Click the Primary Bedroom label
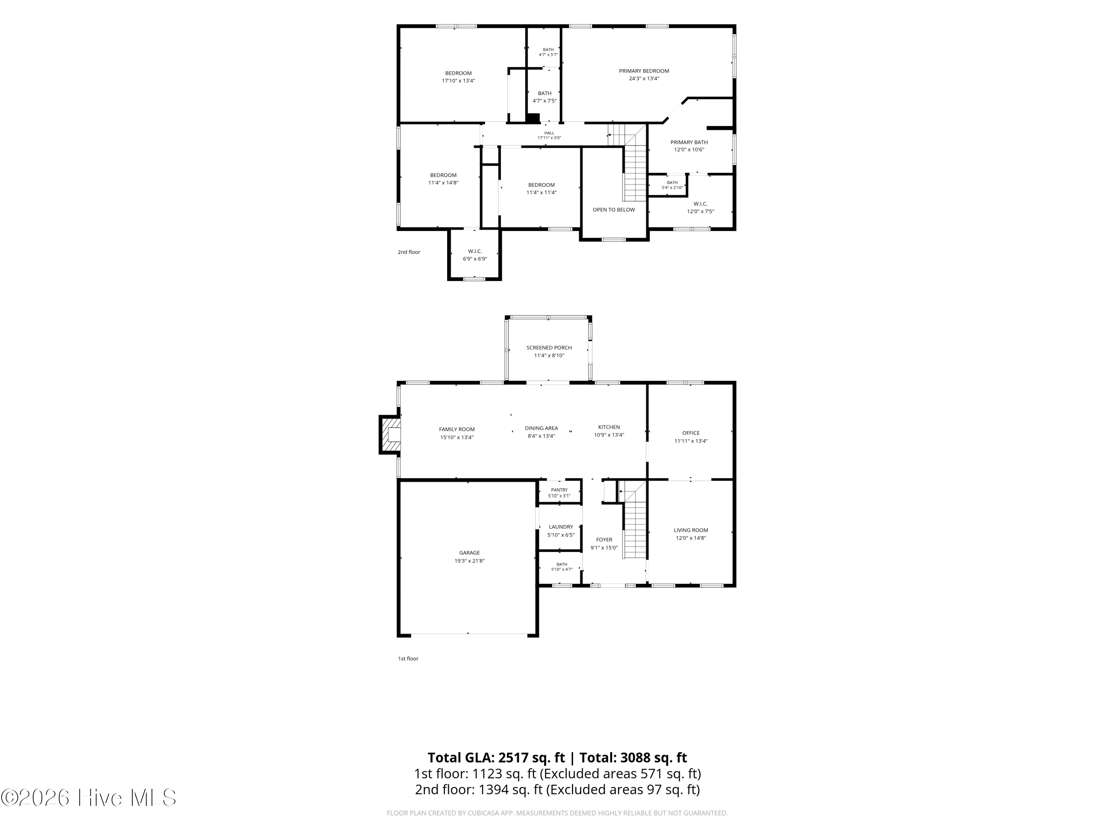pos(644,71)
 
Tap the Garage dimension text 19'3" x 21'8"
pos(469,561)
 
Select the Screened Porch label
pos(549,348)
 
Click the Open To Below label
pos(614,210)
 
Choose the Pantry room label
pos(559,490)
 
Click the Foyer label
pos(604,540)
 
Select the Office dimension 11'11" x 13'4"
pos(691,441)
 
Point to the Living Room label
pos(691,530)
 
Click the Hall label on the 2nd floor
pos(549,133)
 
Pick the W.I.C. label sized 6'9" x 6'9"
pos(475,252)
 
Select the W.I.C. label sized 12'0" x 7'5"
pos(700,204)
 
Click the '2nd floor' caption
pos(409,252)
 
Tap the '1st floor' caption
pos(408,659)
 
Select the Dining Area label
pos(542,428)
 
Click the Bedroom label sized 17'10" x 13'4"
pos(458,73)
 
